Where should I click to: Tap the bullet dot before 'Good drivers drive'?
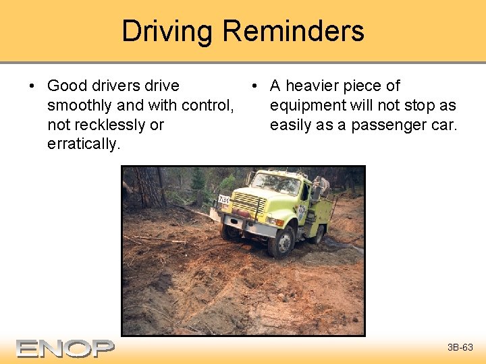(x=32, y=86)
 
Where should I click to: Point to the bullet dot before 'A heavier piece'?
(x=254, y=86)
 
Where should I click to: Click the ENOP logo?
(x=65, y=348)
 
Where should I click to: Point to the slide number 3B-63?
(x=460, y=348)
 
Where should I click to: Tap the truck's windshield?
(x=275, y=183)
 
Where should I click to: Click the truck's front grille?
(x=250, y=204)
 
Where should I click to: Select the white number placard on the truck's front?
(x=223, y=200)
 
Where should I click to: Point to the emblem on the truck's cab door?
(x=302, y=212)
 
